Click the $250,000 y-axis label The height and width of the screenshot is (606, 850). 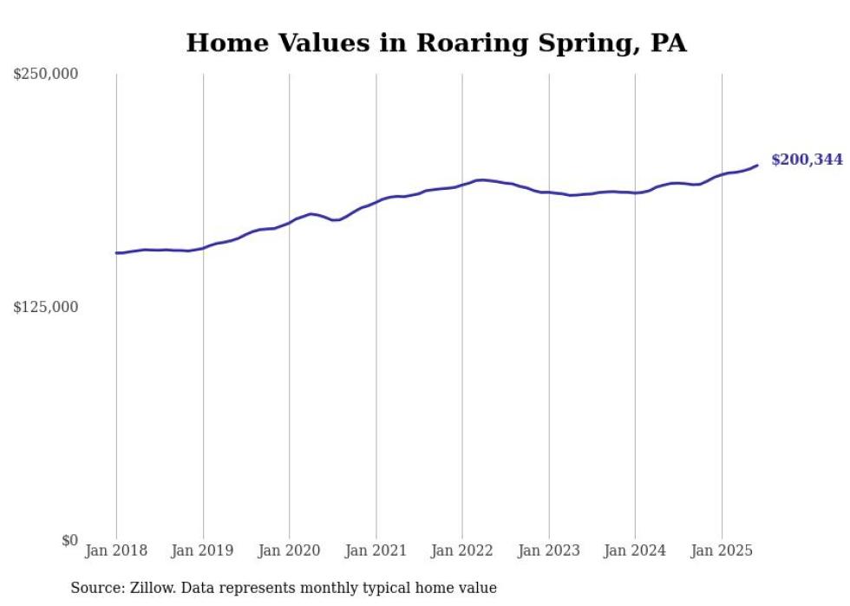point(46,75)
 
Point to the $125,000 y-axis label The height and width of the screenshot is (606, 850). point(46,307)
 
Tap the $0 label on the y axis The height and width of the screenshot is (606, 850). point(69,540)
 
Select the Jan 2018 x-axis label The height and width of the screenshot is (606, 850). point(116,551)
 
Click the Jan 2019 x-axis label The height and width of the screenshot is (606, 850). point(203,551)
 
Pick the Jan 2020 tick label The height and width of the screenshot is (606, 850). point(289,551)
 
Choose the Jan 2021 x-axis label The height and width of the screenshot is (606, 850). point(376,551)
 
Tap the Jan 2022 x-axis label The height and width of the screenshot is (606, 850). point(462,551)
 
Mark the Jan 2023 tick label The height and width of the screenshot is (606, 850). point(548,551)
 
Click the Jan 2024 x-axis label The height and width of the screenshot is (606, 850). point(635,551)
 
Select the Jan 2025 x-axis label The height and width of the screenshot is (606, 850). point(722,551)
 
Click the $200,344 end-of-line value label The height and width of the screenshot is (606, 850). point(807,160)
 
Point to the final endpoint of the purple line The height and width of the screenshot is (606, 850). point(757,165)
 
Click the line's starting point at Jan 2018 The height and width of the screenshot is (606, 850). point(116,253)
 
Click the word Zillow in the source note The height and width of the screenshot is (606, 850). point(150,588)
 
